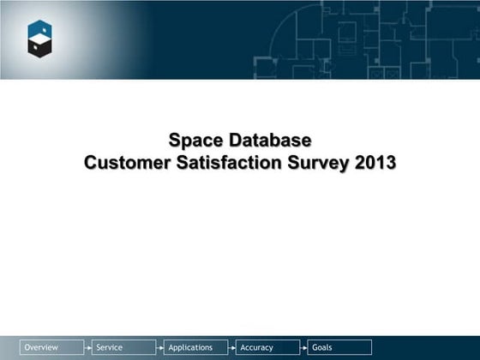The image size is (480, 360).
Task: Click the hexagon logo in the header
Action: pos(41,40)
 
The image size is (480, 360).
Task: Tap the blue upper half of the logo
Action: pos(41,31)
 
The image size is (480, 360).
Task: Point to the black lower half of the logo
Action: pos(41,50)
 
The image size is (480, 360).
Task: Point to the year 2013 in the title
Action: pos(375,161)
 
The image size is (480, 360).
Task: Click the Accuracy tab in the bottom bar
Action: pos(257,347)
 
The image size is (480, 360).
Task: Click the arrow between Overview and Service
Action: pos(88,347)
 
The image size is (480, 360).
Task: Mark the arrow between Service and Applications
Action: pos(160,347)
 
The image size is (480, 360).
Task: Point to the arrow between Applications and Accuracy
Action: pos(232,347)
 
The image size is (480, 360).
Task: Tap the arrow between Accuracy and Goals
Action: pos(304,347)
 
